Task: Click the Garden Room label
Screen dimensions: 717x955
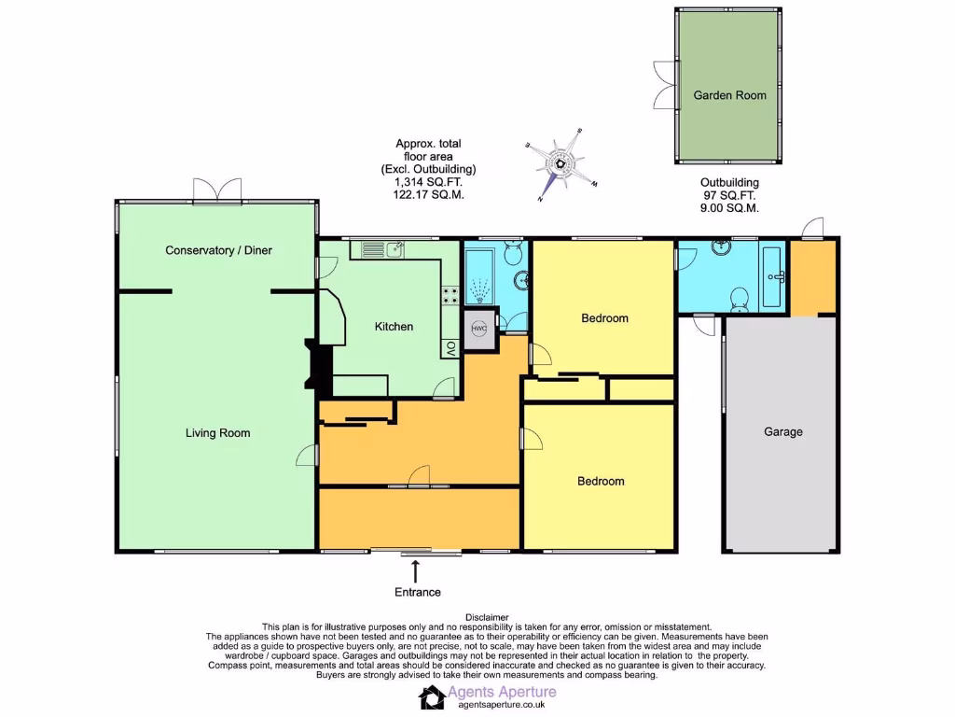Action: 729,95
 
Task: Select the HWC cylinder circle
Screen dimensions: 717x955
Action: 479,329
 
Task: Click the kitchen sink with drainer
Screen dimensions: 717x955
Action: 381,249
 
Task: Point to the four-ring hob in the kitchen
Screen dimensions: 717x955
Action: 450,296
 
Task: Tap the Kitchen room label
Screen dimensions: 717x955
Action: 394,327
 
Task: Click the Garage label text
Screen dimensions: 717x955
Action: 782,432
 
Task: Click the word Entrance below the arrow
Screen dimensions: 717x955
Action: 417,592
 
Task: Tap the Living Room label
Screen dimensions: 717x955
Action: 217,433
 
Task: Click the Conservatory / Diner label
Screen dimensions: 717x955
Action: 218,250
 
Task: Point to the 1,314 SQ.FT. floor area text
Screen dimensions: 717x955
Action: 429,183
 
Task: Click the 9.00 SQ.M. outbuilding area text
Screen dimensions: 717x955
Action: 730,208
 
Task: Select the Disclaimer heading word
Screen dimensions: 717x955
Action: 487,617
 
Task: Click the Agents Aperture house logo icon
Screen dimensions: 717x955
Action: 432,697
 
